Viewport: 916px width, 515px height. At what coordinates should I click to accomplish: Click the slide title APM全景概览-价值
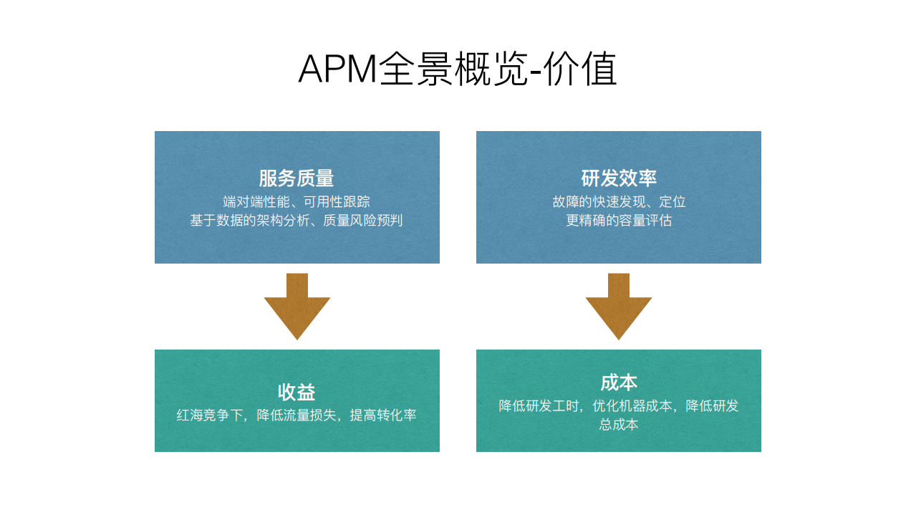coord(457,69)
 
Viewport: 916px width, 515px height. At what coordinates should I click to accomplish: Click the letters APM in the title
coord(337,69)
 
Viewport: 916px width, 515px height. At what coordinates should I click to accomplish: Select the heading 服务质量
coord(297,178)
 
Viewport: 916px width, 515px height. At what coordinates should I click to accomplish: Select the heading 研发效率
coord(619,178)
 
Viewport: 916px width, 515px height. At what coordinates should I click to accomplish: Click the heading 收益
coord(297,392)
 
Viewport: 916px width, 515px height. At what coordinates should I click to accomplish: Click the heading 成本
coord(619,382)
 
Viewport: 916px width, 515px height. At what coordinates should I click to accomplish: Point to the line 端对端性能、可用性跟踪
coord(297,202)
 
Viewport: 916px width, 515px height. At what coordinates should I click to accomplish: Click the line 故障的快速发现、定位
coord(619,202)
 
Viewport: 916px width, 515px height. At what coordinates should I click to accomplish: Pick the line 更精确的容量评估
coord(619,221)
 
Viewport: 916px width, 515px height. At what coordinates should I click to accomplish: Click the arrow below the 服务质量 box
coord(297,307)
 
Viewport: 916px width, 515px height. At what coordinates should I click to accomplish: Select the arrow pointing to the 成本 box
coord(619,307)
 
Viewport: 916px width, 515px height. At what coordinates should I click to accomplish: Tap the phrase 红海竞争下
coord(211,415)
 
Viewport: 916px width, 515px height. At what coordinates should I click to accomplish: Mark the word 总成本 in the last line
coord(619,425)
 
